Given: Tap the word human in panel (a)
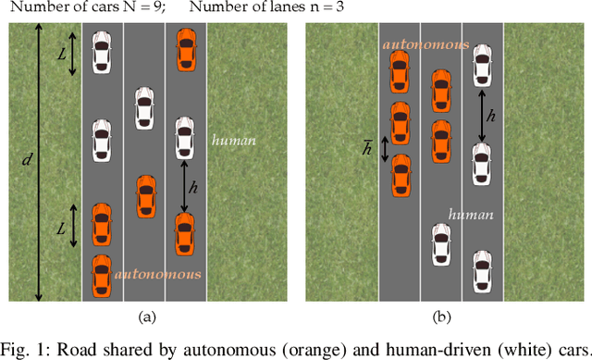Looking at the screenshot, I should click(x=233, y=142).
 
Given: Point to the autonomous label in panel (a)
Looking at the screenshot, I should click(x=157, y=275).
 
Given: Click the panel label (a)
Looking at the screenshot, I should click(x=145, y=317).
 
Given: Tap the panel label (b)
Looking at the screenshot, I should click(x=442, y=317).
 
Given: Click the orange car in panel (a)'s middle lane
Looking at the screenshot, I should click(x=144, y=196).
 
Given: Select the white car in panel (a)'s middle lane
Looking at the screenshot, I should click(x=144, y=109).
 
